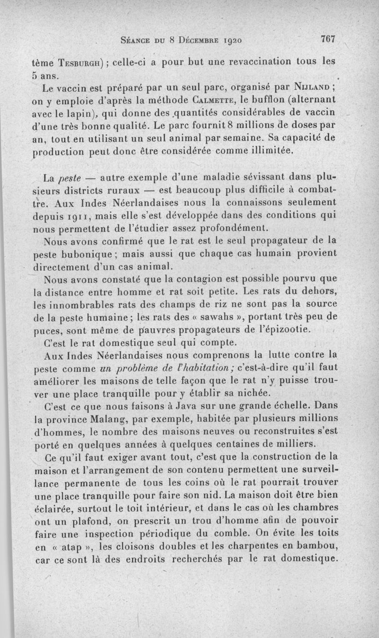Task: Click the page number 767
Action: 327,40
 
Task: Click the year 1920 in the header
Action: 231,41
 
